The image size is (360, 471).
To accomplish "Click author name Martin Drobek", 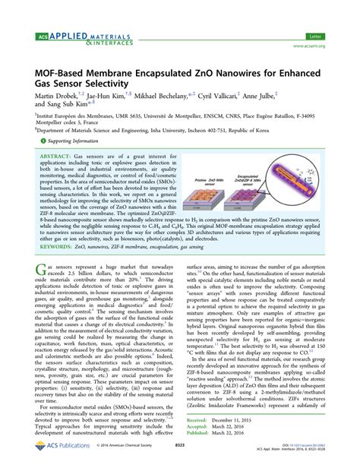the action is pyautogui.click(x=53, y=98).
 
